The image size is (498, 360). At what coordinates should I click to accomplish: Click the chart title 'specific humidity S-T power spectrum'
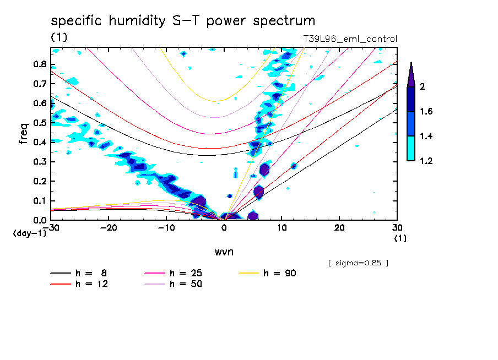click(183, 21)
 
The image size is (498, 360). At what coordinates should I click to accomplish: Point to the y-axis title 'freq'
click(23, 133)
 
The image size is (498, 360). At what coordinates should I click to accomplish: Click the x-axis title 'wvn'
click(224, 252)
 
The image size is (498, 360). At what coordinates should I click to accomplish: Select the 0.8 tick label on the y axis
click(39, 64)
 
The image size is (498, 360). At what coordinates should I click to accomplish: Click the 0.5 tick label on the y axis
click(39, 123)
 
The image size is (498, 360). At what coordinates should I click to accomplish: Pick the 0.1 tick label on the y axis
click(39, 201)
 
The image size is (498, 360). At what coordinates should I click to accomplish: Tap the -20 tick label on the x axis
click(109, 228)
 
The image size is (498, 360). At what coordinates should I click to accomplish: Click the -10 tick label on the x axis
click(166, 228)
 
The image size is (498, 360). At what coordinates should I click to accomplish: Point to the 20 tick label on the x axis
click(339, 228)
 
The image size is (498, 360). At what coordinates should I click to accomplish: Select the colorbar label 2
click(421, 86)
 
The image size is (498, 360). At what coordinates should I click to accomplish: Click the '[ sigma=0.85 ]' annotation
click(358, 263)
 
